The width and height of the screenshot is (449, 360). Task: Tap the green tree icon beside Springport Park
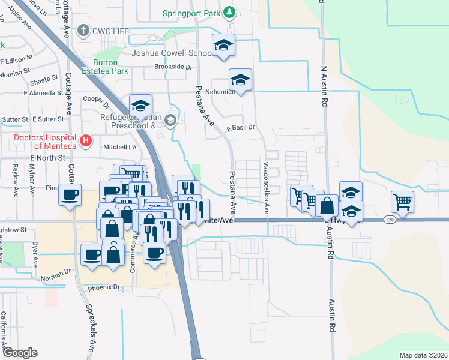229,12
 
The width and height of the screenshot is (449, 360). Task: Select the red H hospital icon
86,141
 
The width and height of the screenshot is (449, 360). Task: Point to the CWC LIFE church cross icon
83,30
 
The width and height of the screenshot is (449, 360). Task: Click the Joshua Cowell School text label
172,53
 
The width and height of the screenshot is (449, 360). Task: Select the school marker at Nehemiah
240,80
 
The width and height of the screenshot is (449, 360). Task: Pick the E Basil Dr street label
240,127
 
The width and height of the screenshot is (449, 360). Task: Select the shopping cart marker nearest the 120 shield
402,202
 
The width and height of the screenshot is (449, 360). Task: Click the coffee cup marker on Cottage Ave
70,195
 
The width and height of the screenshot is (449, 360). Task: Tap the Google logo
20,353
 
